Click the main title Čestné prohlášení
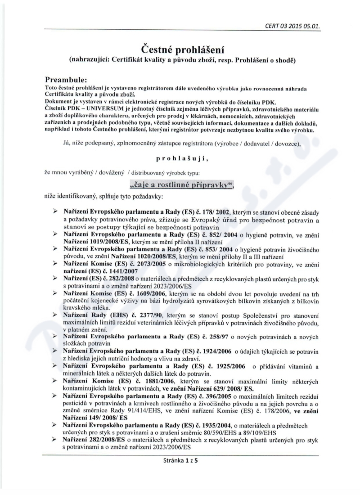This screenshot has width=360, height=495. point(180,48)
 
